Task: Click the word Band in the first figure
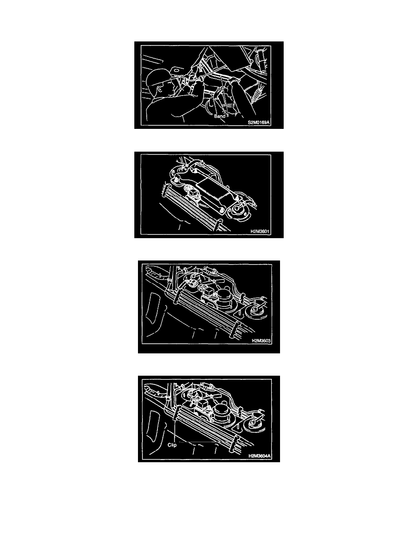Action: [219, 116]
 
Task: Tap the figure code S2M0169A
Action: [259, 122]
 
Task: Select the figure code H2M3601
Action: [260, 231]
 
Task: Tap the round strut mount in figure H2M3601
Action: [238, 210]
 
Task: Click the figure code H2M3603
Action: [261, 341]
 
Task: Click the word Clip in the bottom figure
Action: [172, 445]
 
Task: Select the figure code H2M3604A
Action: [260, 456]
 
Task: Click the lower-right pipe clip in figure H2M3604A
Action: [236, 443]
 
